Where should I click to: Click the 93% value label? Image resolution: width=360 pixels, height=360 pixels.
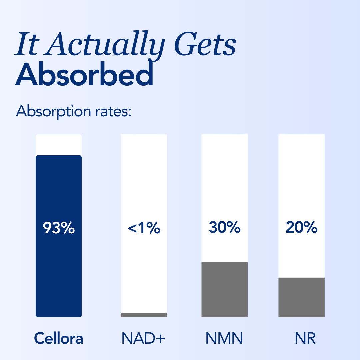(59, 228)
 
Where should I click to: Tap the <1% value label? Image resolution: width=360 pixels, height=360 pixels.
(144, 228)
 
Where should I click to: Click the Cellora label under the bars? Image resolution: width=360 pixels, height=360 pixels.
(59, 339)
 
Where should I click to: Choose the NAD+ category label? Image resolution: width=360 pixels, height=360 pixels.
(143, 339)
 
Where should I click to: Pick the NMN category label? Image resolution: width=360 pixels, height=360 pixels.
(224, 339)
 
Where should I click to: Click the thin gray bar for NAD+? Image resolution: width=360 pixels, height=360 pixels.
(144, 315)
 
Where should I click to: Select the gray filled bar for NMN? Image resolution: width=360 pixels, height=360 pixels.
(224, 289)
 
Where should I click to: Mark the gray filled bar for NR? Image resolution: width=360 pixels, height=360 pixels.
(301, 297)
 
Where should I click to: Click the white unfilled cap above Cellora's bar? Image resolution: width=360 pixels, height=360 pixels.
(59, 145)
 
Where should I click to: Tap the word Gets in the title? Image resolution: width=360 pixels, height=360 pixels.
(206, 45)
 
